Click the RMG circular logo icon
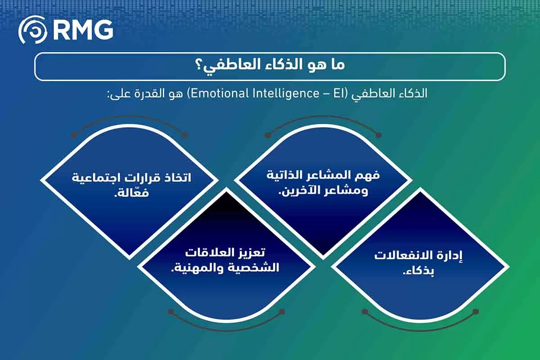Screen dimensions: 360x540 pos(32,31)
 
